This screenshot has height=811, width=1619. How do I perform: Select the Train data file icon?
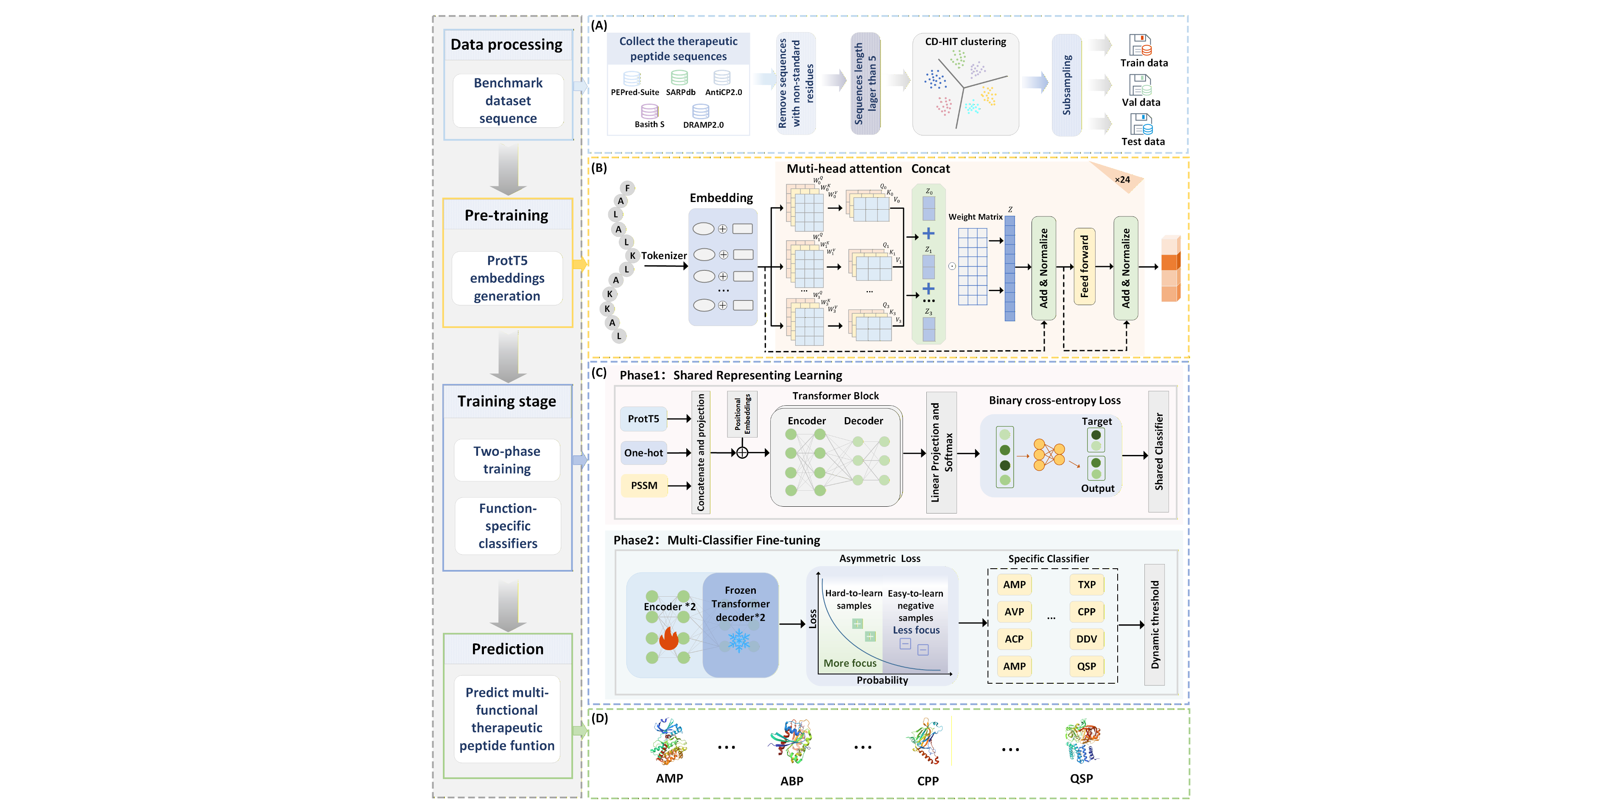[1140, 45]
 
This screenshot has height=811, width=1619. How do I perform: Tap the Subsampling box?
[1067, 85]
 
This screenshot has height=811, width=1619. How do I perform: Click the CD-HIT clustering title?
[965, 42]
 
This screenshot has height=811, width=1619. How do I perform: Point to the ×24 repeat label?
[1122, 180]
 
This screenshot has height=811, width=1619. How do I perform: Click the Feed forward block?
[1084, 266]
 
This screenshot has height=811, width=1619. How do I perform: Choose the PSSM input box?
[644, 485]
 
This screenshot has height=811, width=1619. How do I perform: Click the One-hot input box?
[643, 453]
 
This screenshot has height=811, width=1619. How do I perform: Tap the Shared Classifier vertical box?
[1158, 452]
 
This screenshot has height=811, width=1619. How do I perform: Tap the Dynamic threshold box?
[1155, 624]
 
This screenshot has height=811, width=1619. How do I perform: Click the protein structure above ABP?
[791, 742]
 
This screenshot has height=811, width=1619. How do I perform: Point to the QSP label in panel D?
[1081, 778]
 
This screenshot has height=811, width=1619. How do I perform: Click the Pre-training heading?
[506, 216]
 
